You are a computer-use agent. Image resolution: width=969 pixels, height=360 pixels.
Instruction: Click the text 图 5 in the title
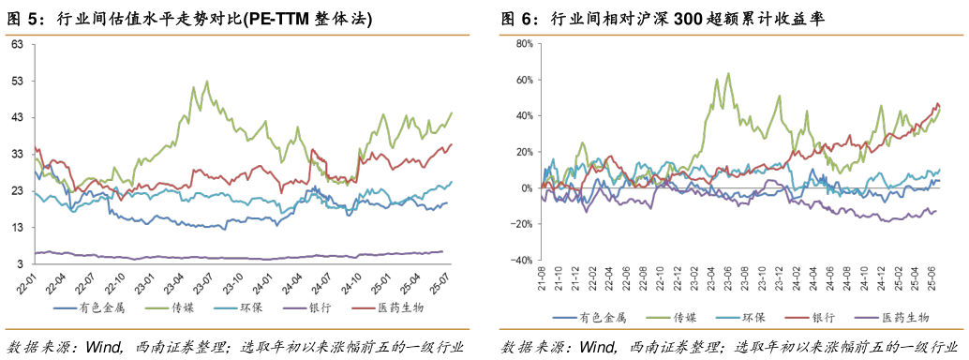point(25,19)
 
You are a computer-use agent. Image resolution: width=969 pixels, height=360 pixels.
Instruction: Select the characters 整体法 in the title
point(345,19)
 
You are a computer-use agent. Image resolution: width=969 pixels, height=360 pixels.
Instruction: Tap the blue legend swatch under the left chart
point(66,307)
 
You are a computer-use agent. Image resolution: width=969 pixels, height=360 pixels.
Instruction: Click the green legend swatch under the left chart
point(157,307)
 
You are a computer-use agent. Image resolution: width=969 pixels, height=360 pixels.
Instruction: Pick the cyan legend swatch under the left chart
point(225,307)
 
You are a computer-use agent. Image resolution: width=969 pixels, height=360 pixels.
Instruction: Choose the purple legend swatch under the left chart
point(294,307)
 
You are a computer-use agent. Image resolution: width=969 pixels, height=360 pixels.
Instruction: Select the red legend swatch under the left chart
point(364,307)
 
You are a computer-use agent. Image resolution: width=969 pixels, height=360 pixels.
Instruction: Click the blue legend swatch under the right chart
point(564,318)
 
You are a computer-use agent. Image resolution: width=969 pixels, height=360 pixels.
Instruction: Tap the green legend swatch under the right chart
point(658,318)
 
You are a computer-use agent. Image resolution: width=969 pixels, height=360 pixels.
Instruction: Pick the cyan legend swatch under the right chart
point(727,318)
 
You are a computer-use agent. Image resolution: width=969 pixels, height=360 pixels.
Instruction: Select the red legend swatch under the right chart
point(797,318)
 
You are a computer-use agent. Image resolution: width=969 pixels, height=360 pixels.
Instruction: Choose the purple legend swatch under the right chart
point(866,318)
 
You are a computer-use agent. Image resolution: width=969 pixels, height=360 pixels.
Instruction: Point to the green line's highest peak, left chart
point(206,82)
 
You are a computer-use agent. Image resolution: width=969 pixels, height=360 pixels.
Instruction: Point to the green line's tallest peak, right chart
point(728,74)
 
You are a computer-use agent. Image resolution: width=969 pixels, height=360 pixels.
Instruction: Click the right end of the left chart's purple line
point(442,251)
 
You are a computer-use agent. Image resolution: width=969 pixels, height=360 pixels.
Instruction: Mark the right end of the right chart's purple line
point(936,211)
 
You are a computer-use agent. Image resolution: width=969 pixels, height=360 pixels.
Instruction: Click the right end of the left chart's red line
point(451,144)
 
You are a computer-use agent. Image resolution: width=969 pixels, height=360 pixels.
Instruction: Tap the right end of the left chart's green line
point(451,113)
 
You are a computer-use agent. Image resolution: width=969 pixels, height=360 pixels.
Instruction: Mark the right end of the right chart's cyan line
point(939,170)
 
